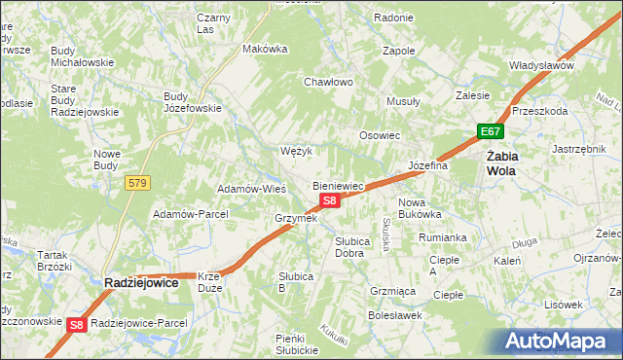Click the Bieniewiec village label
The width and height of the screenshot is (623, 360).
[x=338, y=185]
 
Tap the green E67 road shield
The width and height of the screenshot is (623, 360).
[x=490, y=131]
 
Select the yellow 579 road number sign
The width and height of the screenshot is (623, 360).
[x=137, y=182]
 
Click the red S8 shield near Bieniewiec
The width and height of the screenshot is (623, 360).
[x=330, y=200]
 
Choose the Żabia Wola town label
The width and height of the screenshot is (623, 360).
[x=502, y=162]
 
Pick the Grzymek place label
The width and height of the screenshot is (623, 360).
[x=296, y=218]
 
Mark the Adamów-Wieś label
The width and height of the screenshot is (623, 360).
[x=250, y=188]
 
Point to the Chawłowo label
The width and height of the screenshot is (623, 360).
[x=328, y=82]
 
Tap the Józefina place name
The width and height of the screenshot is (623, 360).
[x=427, y=165]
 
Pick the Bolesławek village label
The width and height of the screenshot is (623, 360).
[x=393, y=315]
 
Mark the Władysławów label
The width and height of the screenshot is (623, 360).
[x=541, y=65]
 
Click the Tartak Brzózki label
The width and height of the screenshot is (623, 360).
[x=55, y=260]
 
